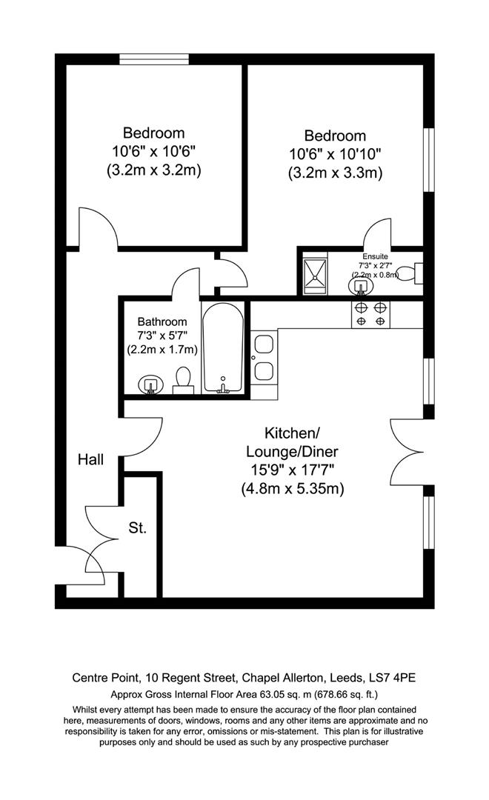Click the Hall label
pos(90,459)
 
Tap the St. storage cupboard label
pos(138,528)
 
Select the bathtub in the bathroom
pos(222,348)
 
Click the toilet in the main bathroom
pos(182,380)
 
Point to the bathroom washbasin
pos(151,384)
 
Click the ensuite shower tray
pos(317,273)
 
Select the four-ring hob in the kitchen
pos(370,314)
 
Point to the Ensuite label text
pos(375,256)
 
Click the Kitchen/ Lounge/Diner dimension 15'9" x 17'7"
pos(292,470)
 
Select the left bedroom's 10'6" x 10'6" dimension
pos(153,151)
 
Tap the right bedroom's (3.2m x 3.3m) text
pos(335,173)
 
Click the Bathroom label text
pos(162,321)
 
